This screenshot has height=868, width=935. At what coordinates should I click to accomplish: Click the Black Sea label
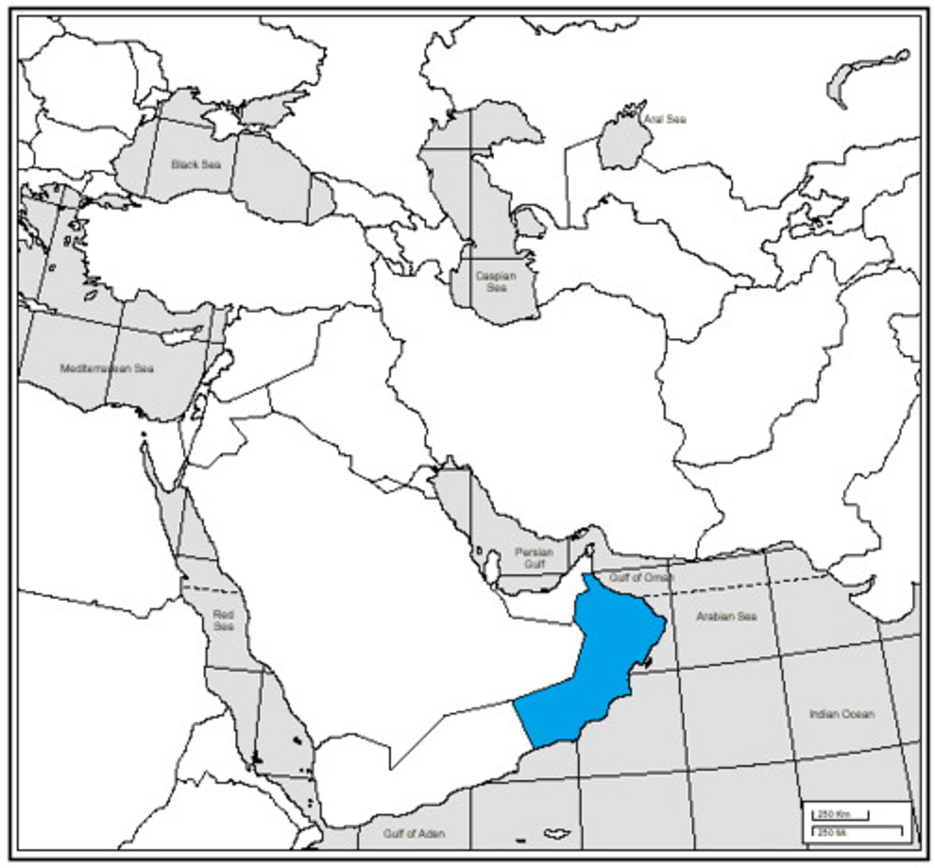[x=195, y=164]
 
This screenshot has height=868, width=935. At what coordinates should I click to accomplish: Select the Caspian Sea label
[x=496, y=281]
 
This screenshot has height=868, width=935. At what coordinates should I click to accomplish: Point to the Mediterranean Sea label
[x=107, y=368]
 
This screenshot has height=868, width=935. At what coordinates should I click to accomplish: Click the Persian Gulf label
[x=534, y=558]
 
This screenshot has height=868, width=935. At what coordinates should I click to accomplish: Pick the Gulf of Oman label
[x=641, y=577]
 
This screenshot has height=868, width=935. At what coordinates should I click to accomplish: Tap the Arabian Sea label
[x=726, y=616]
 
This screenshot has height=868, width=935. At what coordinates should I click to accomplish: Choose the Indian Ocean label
[x=842, y=714]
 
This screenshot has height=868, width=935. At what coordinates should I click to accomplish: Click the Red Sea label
[x=223, y=620]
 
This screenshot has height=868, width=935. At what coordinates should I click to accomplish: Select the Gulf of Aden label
[x=414, y=833]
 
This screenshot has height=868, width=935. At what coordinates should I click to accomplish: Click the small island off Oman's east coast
[x=648, y=660]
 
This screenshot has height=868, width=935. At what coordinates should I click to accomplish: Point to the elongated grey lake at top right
[x=864, y=76]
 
